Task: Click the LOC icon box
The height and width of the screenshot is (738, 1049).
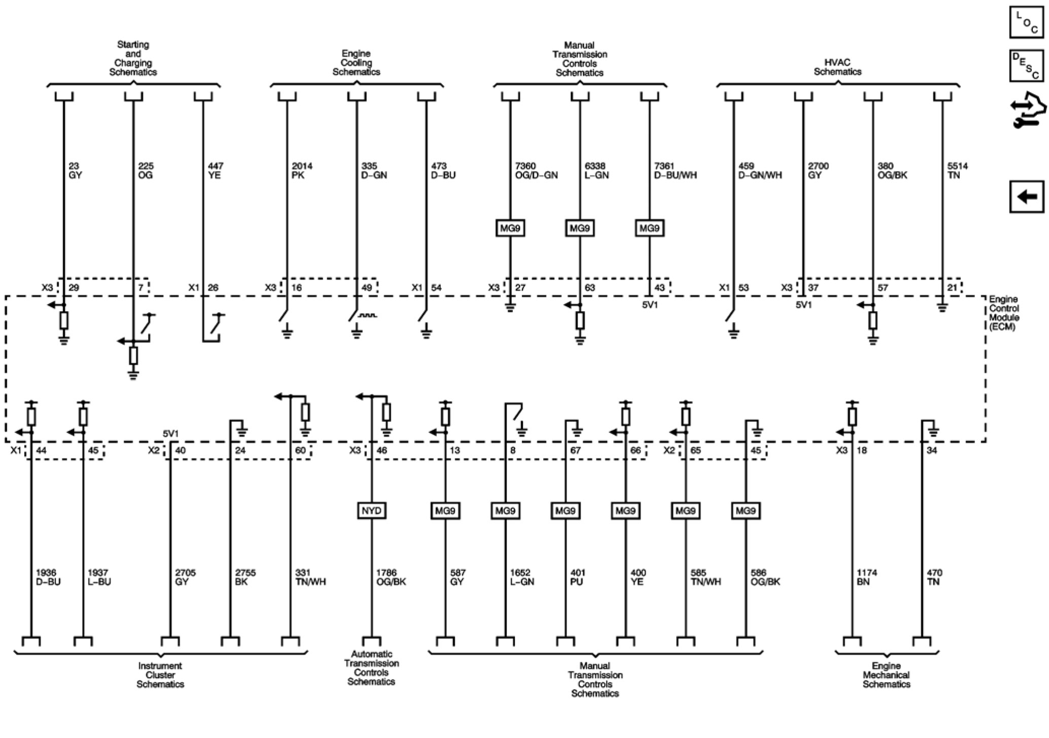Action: [1026, 22]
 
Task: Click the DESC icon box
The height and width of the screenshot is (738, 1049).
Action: [1026, 65]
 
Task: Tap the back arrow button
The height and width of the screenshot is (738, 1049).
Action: [1026, 196]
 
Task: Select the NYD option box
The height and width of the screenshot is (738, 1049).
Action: [371, 510]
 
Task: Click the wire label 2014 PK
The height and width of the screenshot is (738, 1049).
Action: [302, 171]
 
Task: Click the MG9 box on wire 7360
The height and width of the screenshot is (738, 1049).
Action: [510, 228]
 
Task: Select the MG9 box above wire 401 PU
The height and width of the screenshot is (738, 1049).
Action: [565, 510]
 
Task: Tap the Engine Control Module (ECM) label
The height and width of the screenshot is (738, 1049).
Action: [1004, 313]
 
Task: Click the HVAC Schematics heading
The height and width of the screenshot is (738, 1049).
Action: [837, 67]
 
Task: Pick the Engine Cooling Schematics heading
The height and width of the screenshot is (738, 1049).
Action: [356, 62]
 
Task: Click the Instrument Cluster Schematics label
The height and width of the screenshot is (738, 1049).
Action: [160, 675]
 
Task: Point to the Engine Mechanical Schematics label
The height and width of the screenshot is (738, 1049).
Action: [886, 675]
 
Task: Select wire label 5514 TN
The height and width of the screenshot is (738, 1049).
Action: [957, 171]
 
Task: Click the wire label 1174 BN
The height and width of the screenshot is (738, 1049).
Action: [866, 577]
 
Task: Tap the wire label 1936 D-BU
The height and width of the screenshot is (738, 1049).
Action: [48, 577]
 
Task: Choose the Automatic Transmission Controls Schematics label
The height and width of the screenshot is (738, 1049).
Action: [371, 667]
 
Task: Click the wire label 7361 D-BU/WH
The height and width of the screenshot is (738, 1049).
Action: [675, 171]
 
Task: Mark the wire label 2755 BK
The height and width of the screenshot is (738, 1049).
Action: [245, 577]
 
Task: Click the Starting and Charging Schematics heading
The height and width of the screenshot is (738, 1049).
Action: [133, 58]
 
